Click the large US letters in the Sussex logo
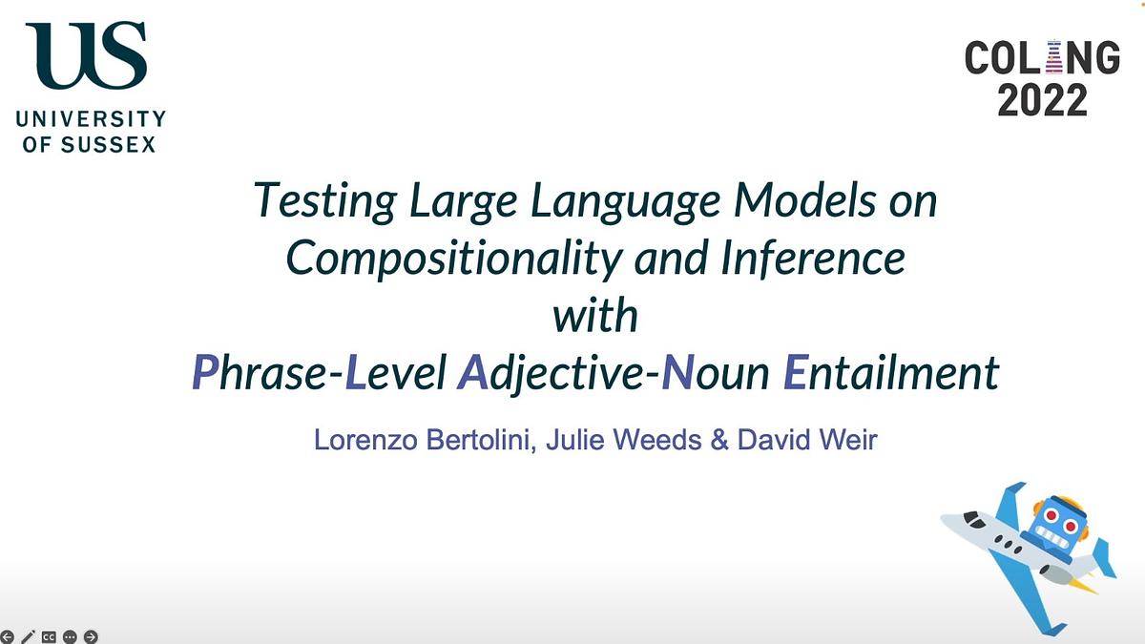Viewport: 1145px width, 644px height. [86, 55]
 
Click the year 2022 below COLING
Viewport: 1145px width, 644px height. [1042, 99]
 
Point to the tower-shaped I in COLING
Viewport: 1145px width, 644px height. [1052, 58]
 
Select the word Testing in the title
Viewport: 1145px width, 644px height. [313, 202]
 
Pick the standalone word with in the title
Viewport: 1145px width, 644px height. [595, 315]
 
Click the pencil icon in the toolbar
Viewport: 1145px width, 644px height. [28, 635]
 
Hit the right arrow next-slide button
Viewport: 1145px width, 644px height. [91, 635]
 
